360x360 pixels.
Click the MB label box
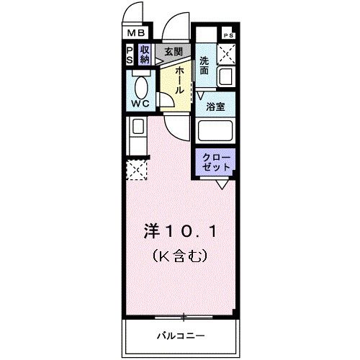pyautogui.click(x=137, y=33)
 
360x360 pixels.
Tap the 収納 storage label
pyautogui.click(x=145, y=55)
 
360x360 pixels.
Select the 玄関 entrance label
pyautogui.click(x=172, y=51)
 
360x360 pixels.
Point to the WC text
pyautogui.click(x=139, y=104)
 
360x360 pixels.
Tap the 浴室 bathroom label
pyautogui.click(x=215, y=107)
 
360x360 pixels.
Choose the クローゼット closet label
pyautogui.click(x=215, y=161)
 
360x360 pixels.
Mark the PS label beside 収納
pyautogui.click(x=130, y=55)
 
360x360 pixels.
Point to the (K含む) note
pyautogui.click(x=179, y=254)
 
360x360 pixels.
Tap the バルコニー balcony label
pyautogui.click(x=180, y=336)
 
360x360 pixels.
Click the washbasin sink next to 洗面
pyautogui.click(x=225, y=76)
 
